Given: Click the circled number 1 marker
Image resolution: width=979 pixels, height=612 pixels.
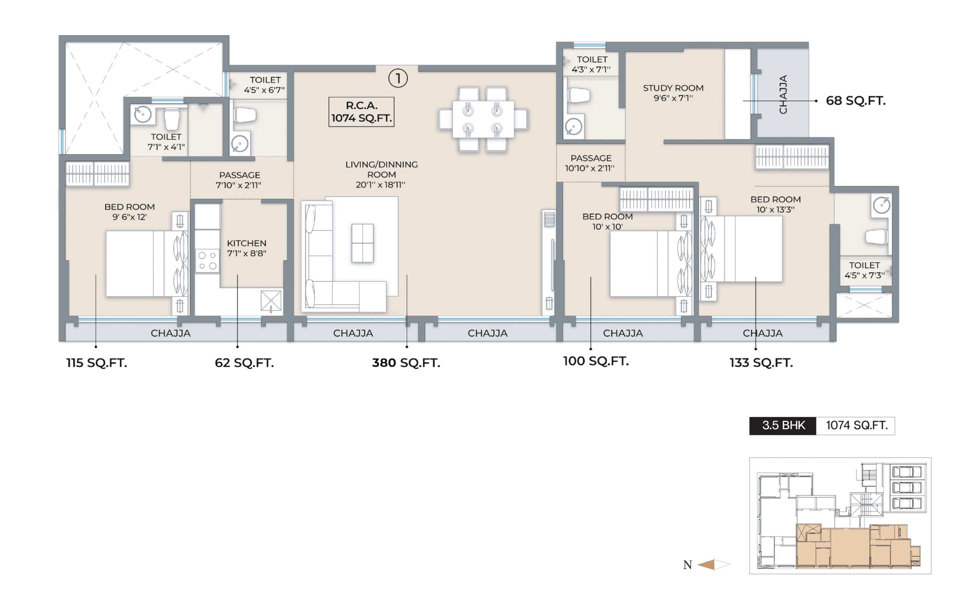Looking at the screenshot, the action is coord(398,78).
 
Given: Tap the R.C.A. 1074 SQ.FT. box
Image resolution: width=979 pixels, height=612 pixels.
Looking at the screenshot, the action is coord(361,112).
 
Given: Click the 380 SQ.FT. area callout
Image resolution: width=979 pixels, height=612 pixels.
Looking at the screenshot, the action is coord(406,363).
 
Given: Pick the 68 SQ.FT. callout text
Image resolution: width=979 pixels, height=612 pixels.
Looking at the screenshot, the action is coord(855,100).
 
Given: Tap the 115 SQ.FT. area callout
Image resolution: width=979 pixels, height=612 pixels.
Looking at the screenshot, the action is coord(97,363).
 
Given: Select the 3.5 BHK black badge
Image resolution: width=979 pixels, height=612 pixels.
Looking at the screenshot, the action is coord(783,426).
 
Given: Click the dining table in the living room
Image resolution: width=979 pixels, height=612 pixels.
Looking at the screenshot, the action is coord(483,119).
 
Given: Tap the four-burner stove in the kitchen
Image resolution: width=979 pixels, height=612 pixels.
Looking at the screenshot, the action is coord(207,260).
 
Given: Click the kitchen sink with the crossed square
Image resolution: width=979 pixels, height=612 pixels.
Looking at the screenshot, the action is coord(271,301).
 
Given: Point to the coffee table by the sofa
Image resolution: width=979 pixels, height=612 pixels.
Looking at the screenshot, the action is coord(363,243).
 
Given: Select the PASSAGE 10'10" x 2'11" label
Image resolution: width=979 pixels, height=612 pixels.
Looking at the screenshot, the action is coord(590,163).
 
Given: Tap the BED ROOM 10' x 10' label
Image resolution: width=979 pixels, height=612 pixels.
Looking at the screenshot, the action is coord(607,221).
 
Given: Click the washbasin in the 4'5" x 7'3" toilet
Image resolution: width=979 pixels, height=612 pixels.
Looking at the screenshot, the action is coord(881,205).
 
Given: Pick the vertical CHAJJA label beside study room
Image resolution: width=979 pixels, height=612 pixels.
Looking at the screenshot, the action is coord(783,94).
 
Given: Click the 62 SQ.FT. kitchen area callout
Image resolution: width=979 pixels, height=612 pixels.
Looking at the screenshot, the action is coord(244,363).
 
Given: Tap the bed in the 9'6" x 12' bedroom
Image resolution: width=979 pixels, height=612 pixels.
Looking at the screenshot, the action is coord(147,264).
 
